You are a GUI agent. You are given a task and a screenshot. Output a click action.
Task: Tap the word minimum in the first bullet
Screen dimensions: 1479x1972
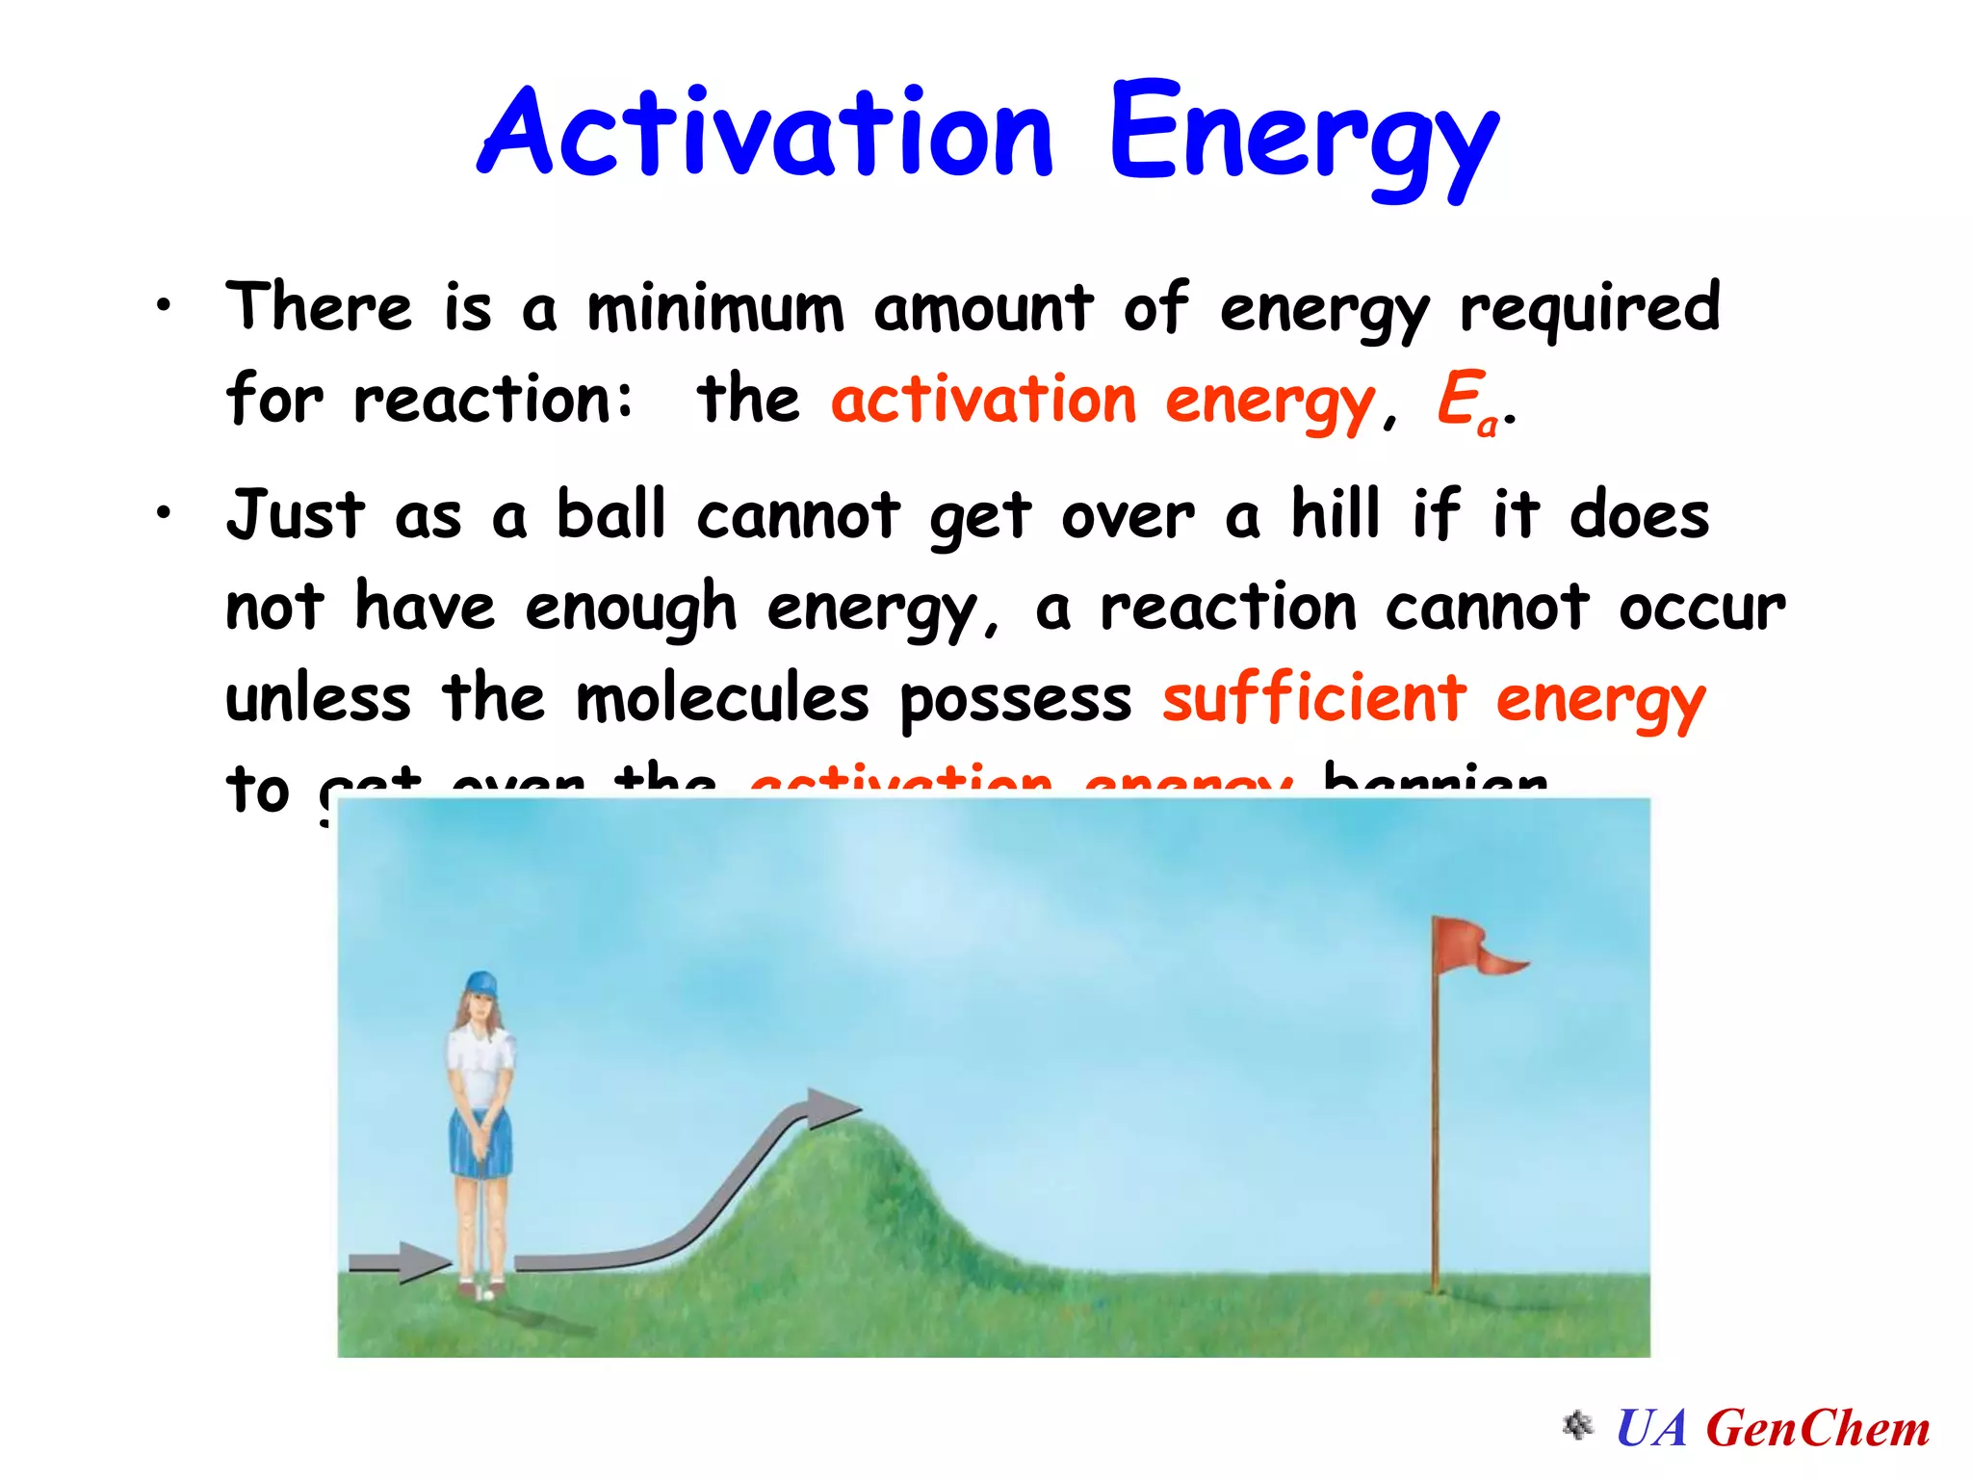coord(715,310)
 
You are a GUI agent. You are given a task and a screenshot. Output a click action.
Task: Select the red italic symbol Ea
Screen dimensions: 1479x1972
coord(1466,401)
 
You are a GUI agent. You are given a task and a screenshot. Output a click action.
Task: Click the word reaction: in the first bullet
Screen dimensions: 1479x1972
coord(493,401)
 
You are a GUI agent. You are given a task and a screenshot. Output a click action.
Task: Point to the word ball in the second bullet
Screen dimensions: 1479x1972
coord(611,514)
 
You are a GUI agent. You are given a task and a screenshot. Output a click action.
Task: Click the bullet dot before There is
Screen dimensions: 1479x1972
coord(165,306)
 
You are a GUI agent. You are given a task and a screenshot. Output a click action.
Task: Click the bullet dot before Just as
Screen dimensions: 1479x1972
coord(165,512)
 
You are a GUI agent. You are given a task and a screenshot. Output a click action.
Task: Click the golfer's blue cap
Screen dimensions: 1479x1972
coord(480,984)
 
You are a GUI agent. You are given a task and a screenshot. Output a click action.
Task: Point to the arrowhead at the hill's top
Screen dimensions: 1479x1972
coord(828,1108)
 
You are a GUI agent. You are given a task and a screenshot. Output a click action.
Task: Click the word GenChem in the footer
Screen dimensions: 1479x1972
coord(1817,1428)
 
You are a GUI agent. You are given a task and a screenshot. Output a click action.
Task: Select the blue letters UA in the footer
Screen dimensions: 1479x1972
coord(1651,1428)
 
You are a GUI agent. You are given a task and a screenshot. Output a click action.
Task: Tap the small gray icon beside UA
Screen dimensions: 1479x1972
coord(1576,1425)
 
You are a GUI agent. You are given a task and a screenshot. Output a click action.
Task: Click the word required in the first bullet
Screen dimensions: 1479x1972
coord(1589,308)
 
